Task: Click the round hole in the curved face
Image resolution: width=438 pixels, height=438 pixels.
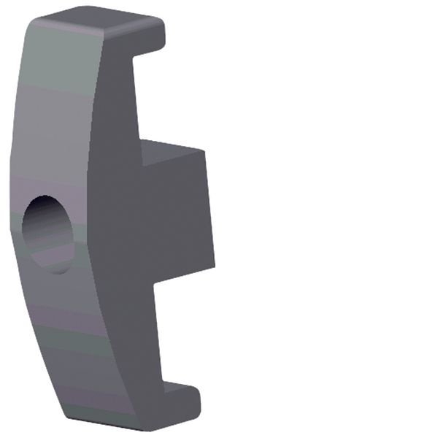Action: [x=48, y=234]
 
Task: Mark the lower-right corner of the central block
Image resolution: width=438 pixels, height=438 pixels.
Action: [x=215, y=264]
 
